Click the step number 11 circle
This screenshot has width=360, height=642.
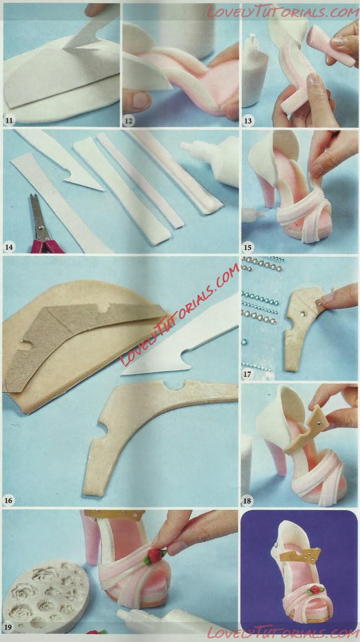[x=9, y=121]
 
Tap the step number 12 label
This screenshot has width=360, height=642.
[x=129, y=121]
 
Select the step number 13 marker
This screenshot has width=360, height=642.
[x=248, y=121]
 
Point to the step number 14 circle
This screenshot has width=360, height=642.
[x=9, y=247]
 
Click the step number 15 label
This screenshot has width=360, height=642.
[x=248, y=247]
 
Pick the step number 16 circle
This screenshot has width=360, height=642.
[x=8, y=501]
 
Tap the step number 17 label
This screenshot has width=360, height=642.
[x=247, y=374]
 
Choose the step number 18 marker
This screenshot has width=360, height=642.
[x=247, y=501]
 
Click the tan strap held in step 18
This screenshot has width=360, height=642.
[x=311, y=430]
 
